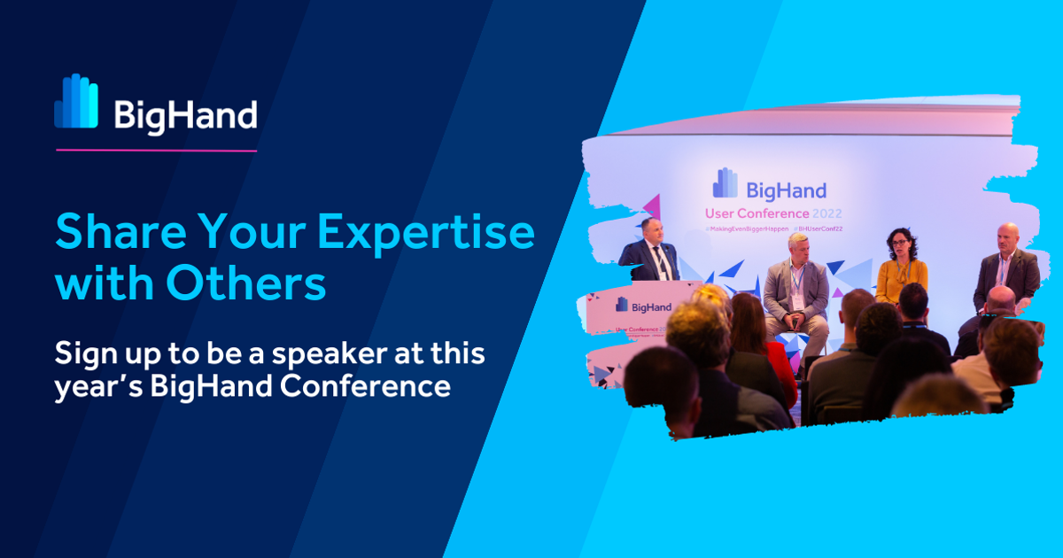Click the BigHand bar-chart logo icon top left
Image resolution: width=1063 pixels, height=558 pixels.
pyautogui.click(x=76, y=102)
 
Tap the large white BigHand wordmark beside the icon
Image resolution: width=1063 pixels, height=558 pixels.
pyautogui.click(x=185, y=115)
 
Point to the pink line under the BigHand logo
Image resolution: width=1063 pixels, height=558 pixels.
pyautogui.click(x=156, y=151)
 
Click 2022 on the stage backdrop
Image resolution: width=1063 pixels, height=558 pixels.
pyautogui.click(x=826, y=213)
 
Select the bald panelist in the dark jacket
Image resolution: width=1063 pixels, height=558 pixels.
pyautogui.click(x=1007, y=266)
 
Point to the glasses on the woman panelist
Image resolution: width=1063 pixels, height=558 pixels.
pyautogui.click(x=900, y=241)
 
